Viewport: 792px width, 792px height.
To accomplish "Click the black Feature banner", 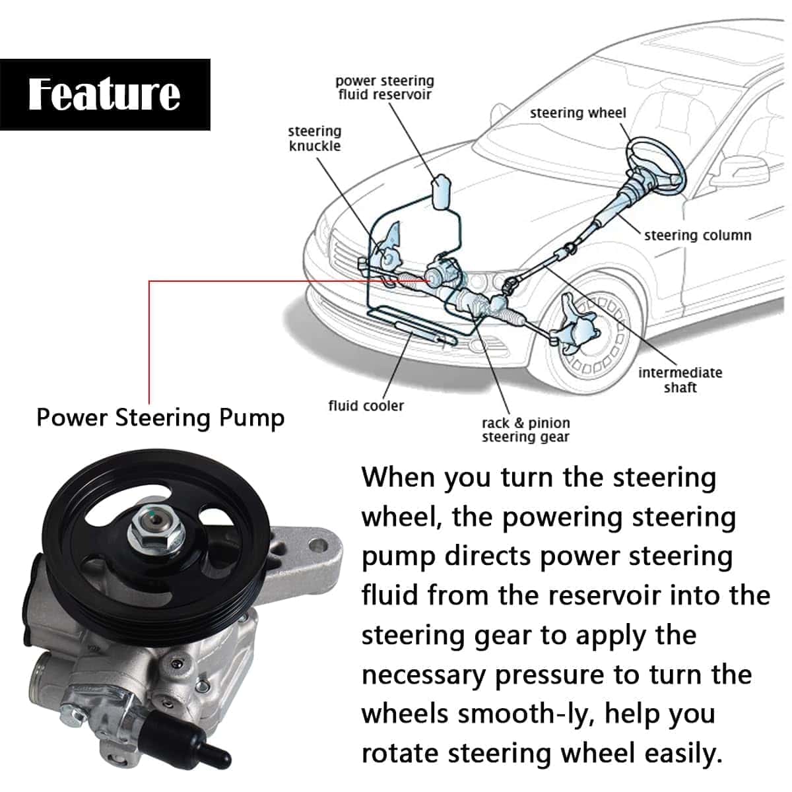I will pos(105,94).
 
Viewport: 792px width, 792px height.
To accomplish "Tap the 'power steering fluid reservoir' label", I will pos(384,88).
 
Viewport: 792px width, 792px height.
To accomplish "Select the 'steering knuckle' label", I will pos(315,139).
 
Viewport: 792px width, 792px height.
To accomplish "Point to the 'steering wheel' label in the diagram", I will pos(577,113).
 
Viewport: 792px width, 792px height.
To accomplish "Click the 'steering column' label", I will pos(698,235).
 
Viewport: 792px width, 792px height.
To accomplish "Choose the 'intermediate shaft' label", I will pos(680,379).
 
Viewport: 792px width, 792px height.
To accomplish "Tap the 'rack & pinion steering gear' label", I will pos(525,430).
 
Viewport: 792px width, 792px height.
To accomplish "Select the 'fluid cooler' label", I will pos(366,405).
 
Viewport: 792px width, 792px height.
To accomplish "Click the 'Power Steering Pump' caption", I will pos(160,418).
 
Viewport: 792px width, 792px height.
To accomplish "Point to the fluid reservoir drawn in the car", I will pos(440,191).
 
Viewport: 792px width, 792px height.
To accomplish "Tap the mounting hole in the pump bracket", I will pos(319,546).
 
